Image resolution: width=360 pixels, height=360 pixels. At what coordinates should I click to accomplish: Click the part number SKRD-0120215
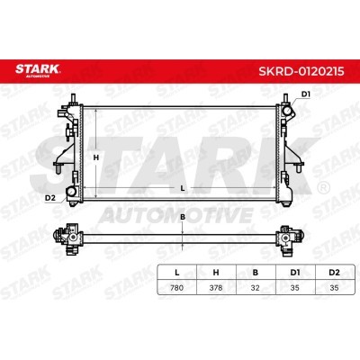(x=301, y=72)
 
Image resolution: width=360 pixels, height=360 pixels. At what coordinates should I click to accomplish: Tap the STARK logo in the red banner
(x=38, y=70)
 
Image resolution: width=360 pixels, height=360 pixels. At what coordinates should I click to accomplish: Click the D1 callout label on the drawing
(x=305, y=94)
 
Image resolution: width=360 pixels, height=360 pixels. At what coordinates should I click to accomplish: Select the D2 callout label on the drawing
(x=50, y=198)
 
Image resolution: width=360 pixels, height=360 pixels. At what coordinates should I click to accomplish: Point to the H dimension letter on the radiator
(x=95, y=157)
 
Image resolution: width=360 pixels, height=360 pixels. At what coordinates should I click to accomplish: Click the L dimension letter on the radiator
(x=182, y=188)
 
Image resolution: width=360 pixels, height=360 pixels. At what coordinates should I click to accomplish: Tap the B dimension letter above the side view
(x=183, y=217)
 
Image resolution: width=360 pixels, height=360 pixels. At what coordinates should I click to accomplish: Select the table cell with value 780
(x=176, y=287)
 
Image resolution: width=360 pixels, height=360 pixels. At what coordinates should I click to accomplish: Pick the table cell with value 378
(x=216, y=287)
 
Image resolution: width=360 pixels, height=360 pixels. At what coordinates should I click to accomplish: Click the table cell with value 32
(x=256, y=287)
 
